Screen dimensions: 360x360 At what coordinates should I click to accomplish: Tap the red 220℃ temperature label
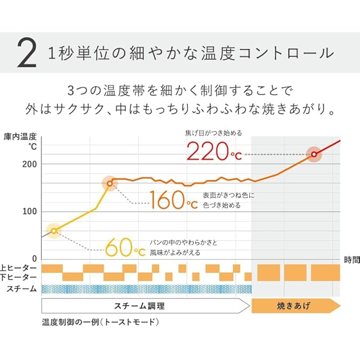(x=214, y=151)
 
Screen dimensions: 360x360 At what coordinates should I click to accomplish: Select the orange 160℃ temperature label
(x=174, y=200)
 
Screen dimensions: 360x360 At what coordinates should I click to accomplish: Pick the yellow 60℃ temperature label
(x=125, y=246)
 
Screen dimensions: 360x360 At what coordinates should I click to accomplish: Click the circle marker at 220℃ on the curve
(x=314, y=154)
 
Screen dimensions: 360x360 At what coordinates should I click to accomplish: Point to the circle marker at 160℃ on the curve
(x=110, y=183)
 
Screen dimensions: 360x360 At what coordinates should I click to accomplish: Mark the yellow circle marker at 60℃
(x=53, y=231)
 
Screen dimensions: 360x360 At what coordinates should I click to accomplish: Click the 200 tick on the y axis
(x=30, y=164)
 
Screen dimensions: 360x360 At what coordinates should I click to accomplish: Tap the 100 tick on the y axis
(x=30, y=211)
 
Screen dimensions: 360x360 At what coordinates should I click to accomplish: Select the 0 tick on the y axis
(x=34, y=259)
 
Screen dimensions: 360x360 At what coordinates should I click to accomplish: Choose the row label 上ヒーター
(x=19, y=268)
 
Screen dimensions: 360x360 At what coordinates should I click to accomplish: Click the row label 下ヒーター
(x=19, y=277)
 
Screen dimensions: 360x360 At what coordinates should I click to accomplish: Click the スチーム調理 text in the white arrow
(x=141, y=306)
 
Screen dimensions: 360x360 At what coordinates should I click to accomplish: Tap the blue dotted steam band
(x=146, y=289)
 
